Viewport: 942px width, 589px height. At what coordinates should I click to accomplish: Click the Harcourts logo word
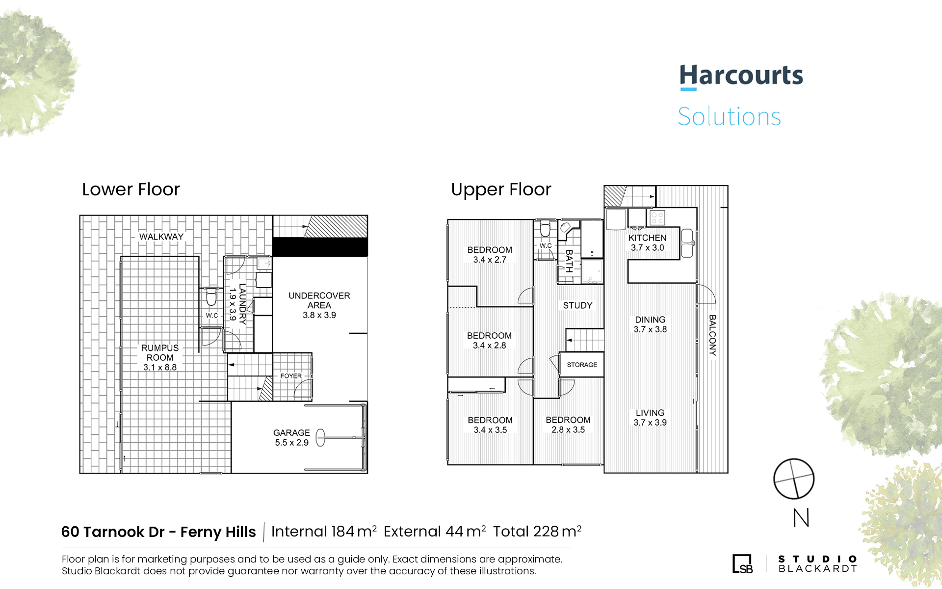741,76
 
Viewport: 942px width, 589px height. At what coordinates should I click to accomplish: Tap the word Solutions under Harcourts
729,116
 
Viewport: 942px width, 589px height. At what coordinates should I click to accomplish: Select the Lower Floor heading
131,189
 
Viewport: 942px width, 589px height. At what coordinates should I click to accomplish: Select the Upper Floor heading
501,190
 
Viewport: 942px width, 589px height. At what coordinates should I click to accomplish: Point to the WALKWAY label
161,237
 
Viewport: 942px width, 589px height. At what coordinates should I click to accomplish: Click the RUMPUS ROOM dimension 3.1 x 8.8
160,367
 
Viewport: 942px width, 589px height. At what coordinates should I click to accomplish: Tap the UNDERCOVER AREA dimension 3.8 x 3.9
319,315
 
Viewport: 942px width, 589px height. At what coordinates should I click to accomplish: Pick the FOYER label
291,376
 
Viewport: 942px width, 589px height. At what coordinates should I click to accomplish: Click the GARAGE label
291,432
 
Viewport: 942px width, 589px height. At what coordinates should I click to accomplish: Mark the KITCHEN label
648,238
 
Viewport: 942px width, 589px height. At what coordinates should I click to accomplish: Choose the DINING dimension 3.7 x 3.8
650,329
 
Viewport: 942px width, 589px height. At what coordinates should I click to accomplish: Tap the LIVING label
650,413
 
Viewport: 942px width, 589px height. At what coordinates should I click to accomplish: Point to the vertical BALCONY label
712,335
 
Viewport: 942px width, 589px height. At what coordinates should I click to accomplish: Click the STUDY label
578,305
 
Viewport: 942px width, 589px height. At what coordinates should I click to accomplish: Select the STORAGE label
582,365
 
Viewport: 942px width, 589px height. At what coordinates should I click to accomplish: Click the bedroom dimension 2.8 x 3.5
568,429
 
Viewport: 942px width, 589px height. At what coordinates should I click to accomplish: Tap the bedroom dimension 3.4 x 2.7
490,260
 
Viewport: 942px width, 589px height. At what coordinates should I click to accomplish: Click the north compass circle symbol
794,479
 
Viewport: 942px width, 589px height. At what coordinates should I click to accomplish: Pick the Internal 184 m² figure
324,531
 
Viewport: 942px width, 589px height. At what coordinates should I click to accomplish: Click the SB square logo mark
742,563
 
